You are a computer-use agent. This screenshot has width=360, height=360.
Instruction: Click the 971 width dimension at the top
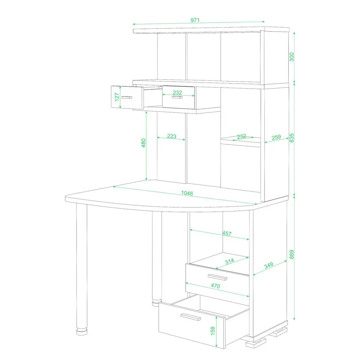[x=195, y=20]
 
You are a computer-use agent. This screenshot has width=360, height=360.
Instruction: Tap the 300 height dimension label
[x=292, y=57]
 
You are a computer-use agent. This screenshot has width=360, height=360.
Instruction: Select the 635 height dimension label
[x=292, y=138]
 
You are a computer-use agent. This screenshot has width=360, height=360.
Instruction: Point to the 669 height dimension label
[x=292, y=255]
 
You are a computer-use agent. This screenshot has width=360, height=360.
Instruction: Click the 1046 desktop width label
[x=187, y=193]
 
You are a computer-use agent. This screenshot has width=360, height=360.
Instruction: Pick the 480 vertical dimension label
[x=143, y=143]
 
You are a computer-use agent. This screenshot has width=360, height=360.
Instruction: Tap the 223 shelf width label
[x=171, y=136]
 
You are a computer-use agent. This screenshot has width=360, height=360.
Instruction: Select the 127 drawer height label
[x=117, y=97]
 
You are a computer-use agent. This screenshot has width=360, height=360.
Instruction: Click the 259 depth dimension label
[x=276, y=137]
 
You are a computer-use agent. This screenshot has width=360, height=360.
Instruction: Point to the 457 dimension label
[x=227, y=233]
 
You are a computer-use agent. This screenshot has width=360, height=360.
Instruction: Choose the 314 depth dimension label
[x=229, y=261]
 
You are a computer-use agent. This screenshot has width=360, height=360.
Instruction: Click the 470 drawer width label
[x=215, y=285]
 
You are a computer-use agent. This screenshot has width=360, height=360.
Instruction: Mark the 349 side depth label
[x=269, y=265]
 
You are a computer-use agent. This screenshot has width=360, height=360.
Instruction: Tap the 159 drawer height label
[x=213, y=331]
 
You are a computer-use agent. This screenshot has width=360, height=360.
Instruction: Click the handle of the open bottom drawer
[x=191, y=317]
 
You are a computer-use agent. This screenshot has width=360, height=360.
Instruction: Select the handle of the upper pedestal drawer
[x=217, y=277]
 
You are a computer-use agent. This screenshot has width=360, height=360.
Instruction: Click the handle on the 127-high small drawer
[x=127, y=97]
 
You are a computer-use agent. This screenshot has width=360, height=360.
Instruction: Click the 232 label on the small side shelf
[x=242, y=136]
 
